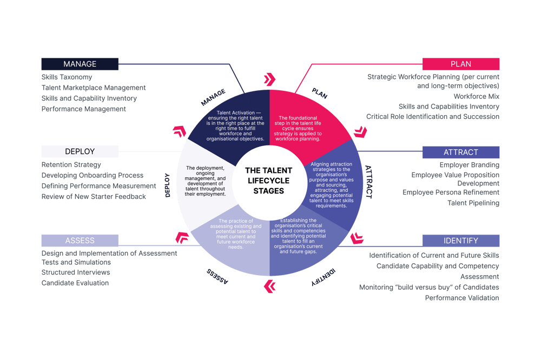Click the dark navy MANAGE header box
[x=80, y=64]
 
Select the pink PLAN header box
[x=460, y=64]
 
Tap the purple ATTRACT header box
[x=460, y=152]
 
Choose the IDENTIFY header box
[x=460, y=240]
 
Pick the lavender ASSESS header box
[x=80, y=240]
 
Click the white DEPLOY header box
[x=80, y=152]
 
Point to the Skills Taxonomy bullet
[x=67, y=77]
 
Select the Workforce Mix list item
[x=476, y=96]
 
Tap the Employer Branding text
[x=469, y=165]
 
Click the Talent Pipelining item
[x=473, y=203]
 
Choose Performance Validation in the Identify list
[x=461, y=298]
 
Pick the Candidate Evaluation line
[x=75, y=283]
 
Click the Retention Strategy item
[x=71, y=165]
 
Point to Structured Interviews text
[x=76, y=272]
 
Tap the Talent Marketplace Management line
[x=94, y=88]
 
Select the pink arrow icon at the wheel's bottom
[x=269, y=285]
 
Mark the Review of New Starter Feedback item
[x=94, y=197]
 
